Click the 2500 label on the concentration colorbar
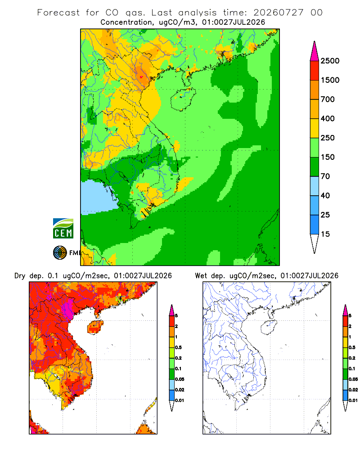pos(330,61)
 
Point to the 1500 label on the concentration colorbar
pos(330,80)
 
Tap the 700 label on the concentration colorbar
pos(328,99)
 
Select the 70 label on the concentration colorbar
pos(325,176)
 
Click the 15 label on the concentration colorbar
pos(325,234)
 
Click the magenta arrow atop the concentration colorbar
pos(315,51)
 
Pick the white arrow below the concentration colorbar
pos(315,243)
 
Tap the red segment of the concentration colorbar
pos(315,71)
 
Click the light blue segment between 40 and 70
pos(315,186)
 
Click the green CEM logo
pos(63,229)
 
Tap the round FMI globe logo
pos(60,253)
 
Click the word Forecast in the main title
pos(58,13)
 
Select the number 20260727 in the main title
pos(279,13)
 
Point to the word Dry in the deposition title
pos(20,276)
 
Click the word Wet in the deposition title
pos(201,276)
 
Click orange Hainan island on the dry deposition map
pos(95,327)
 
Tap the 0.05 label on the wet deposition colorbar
pos(353,379)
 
